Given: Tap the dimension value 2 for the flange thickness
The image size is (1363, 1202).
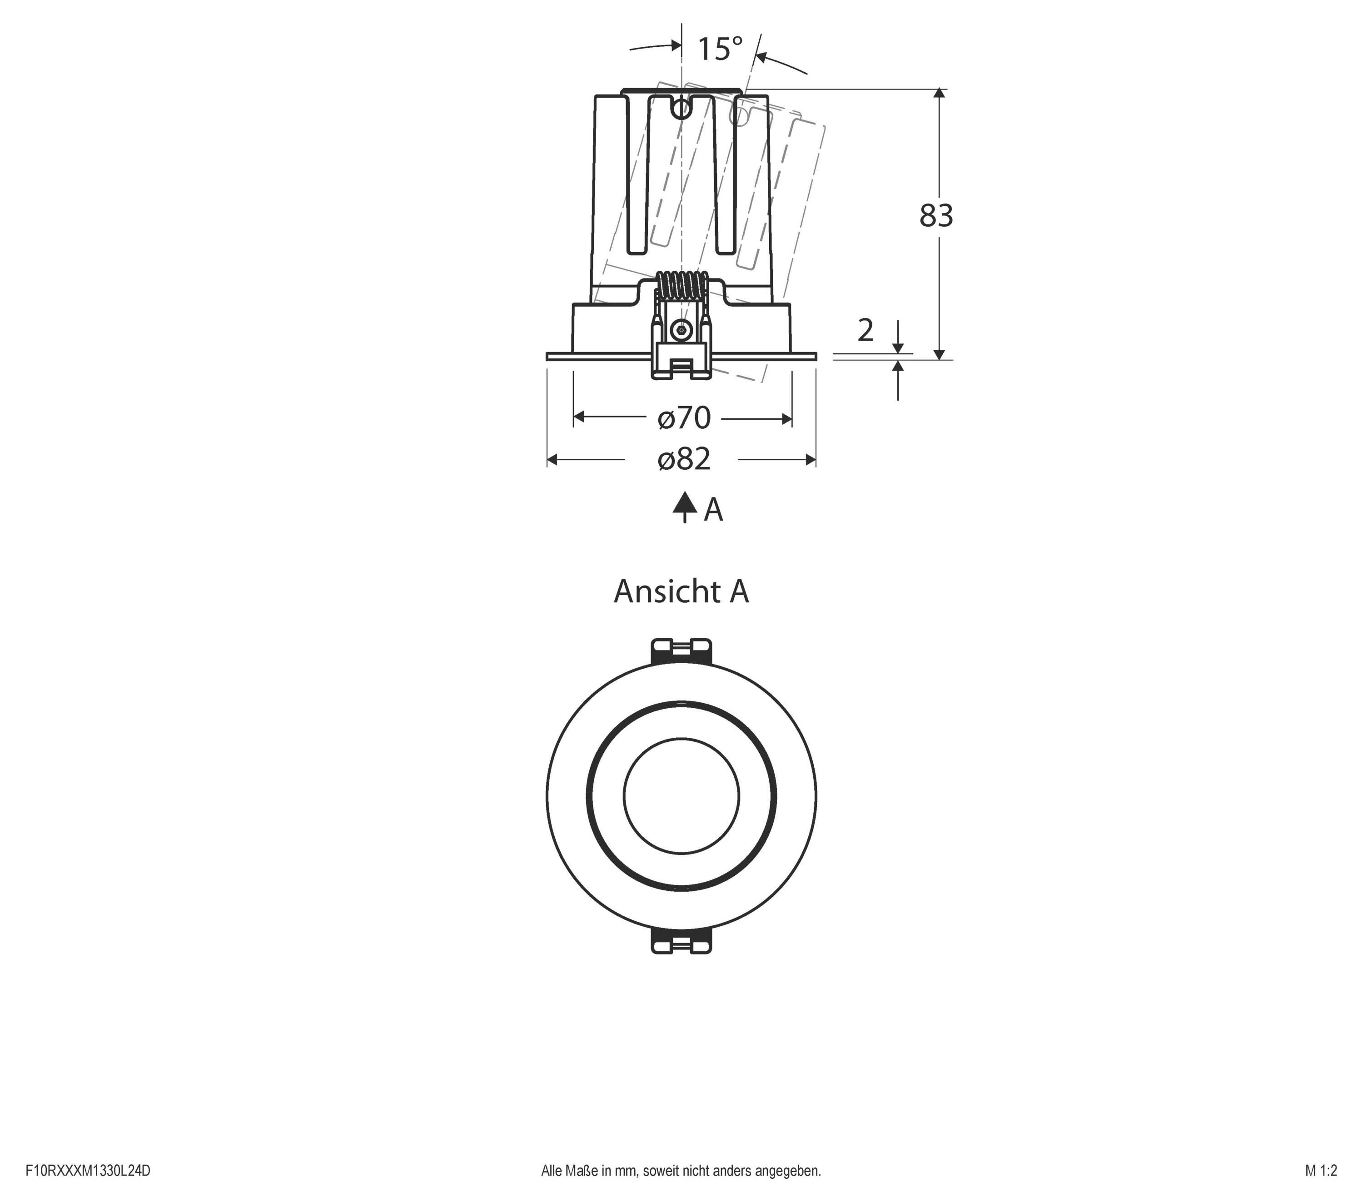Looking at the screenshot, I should (x=865, y=330).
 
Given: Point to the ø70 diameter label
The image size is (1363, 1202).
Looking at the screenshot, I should (x=683, y=418).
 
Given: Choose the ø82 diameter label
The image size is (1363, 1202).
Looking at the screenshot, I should (x=683, y=459).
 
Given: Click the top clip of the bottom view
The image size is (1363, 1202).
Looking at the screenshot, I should (x=681, y=650).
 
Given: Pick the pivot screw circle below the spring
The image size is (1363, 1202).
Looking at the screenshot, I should (x=681, y=328).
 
